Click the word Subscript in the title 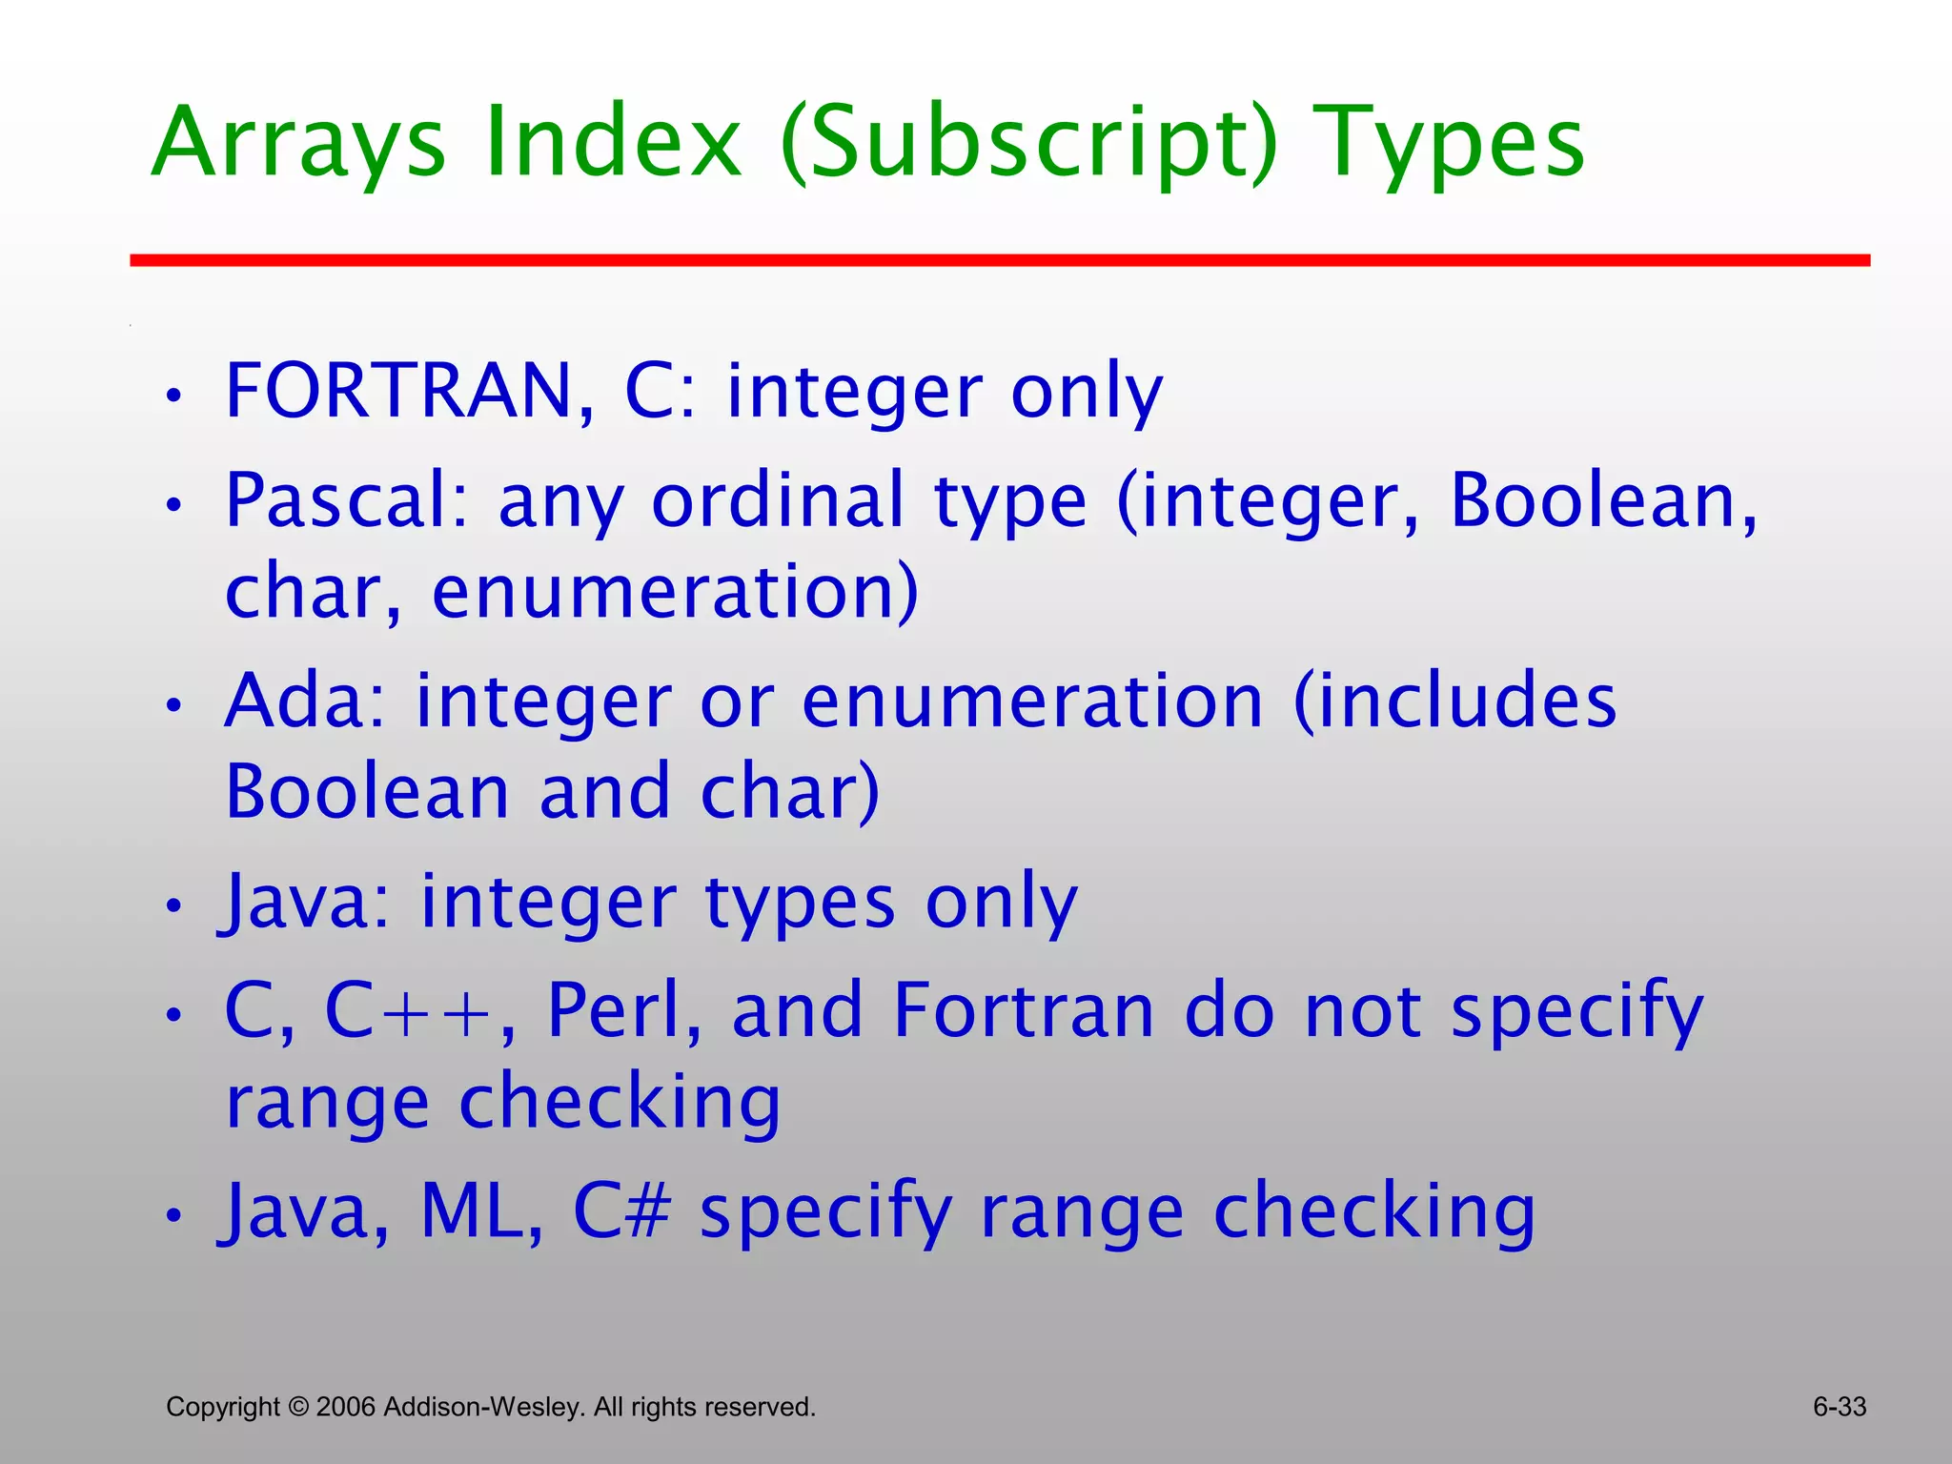pos(1029,143)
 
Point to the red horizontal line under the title pos(999,260)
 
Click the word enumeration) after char pos(675,591)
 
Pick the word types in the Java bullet pos(801,904)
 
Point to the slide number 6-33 pos(1839,1407)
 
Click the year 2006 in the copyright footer pos(346,1407)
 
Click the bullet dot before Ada pos(173,706)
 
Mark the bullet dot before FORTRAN pos(173,396)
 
